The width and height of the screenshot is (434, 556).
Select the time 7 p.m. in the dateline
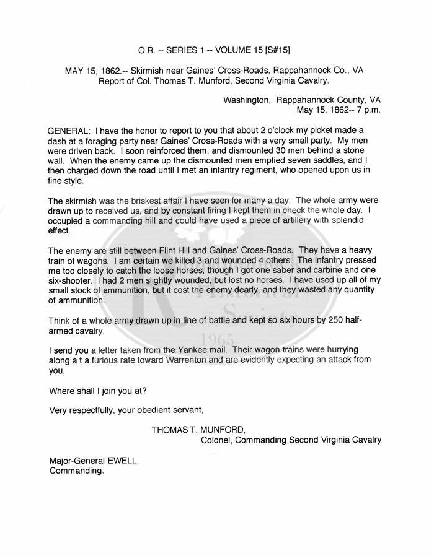click(366, 110)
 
